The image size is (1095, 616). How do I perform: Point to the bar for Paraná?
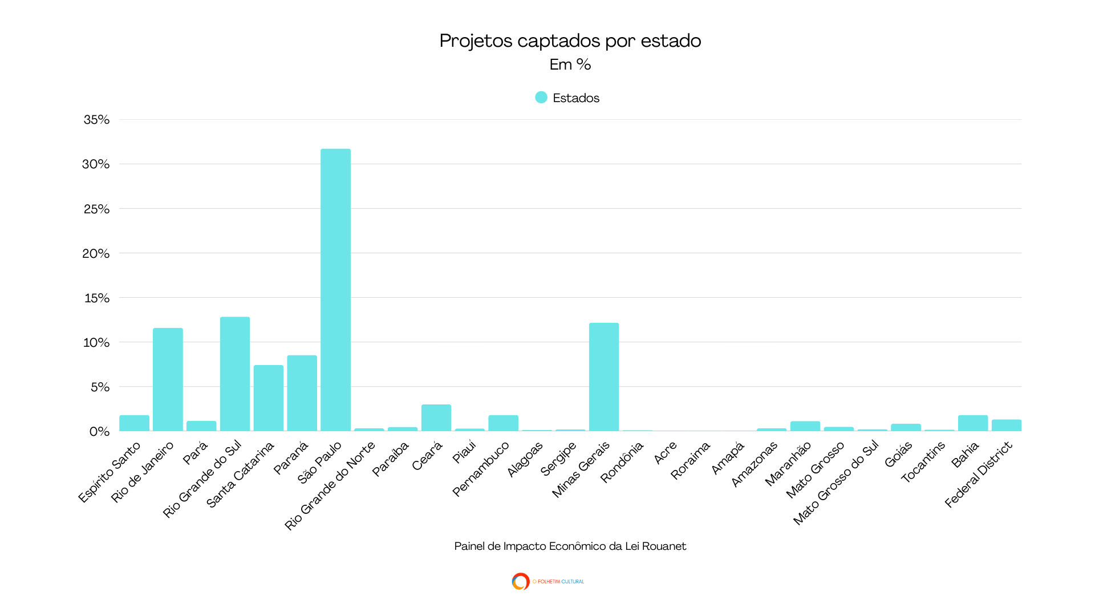pos(302,393)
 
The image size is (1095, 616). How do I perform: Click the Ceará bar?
pos(436,418)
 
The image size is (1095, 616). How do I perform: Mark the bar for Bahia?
pos(972,423)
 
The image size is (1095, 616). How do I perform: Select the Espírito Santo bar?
pos(134,423)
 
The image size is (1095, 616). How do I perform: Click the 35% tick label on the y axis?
pos(96,120)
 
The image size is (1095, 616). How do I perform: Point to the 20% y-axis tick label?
pos(96,253)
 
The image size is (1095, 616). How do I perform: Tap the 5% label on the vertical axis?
pos(100,387)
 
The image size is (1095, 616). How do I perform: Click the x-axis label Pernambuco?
pos(481,469)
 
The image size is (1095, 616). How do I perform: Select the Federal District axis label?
pos(978,475)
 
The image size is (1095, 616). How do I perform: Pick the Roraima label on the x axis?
pos(690,460)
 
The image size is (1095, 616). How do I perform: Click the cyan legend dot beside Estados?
pos(541,98)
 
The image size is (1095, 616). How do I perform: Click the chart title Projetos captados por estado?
pos(570,41)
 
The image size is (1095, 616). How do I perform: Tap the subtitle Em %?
pos(570,64)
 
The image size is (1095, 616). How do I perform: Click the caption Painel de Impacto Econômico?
pos(570,546)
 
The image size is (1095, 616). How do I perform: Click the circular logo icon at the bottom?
pos(520,581)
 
